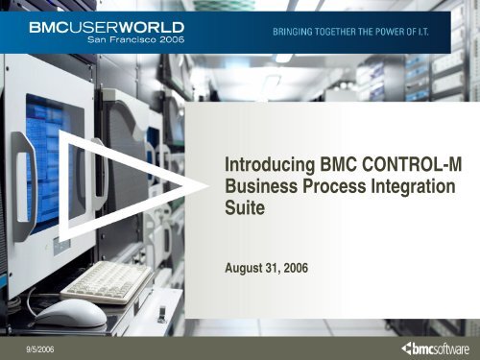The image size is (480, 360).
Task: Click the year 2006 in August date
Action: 296,258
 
